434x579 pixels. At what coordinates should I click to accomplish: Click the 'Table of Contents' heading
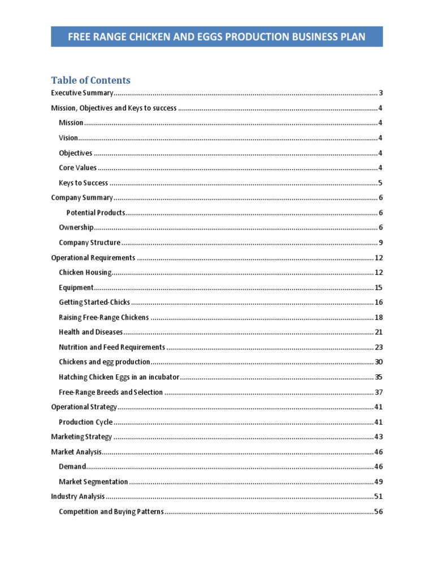(x=90, y=80)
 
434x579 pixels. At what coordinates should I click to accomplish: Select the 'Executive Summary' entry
(x=82, y=93)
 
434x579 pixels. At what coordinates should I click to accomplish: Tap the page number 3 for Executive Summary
(x=381, y=93)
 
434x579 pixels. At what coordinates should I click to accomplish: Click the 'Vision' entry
(x=68, y=138)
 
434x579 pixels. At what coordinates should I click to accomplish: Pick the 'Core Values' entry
(x=77, y=168)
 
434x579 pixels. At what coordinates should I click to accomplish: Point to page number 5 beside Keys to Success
(x=381, y=183)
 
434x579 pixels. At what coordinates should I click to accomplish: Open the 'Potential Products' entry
(x=96, y=213)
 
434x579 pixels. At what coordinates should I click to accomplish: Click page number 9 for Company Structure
(x=381, y=243)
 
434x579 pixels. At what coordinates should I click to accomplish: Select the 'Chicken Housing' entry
(x=85, y=273)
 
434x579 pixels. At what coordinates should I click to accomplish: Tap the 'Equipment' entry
(x=76, y=288)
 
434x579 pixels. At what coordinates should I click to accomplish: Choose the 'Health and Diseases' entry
(x=90, y=332)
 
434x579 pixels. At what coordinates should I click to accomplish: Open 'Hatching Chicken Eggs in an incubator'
(x=119, y=377)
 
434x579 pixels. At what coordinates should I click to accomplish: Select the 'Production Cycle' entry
(x=85, y=422)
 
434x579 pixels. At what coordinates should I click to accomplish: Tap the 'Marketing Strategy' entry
(x=81, y=437)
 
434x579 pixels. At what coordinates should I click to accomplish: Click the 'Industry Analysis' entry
(x=77, y=497)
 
